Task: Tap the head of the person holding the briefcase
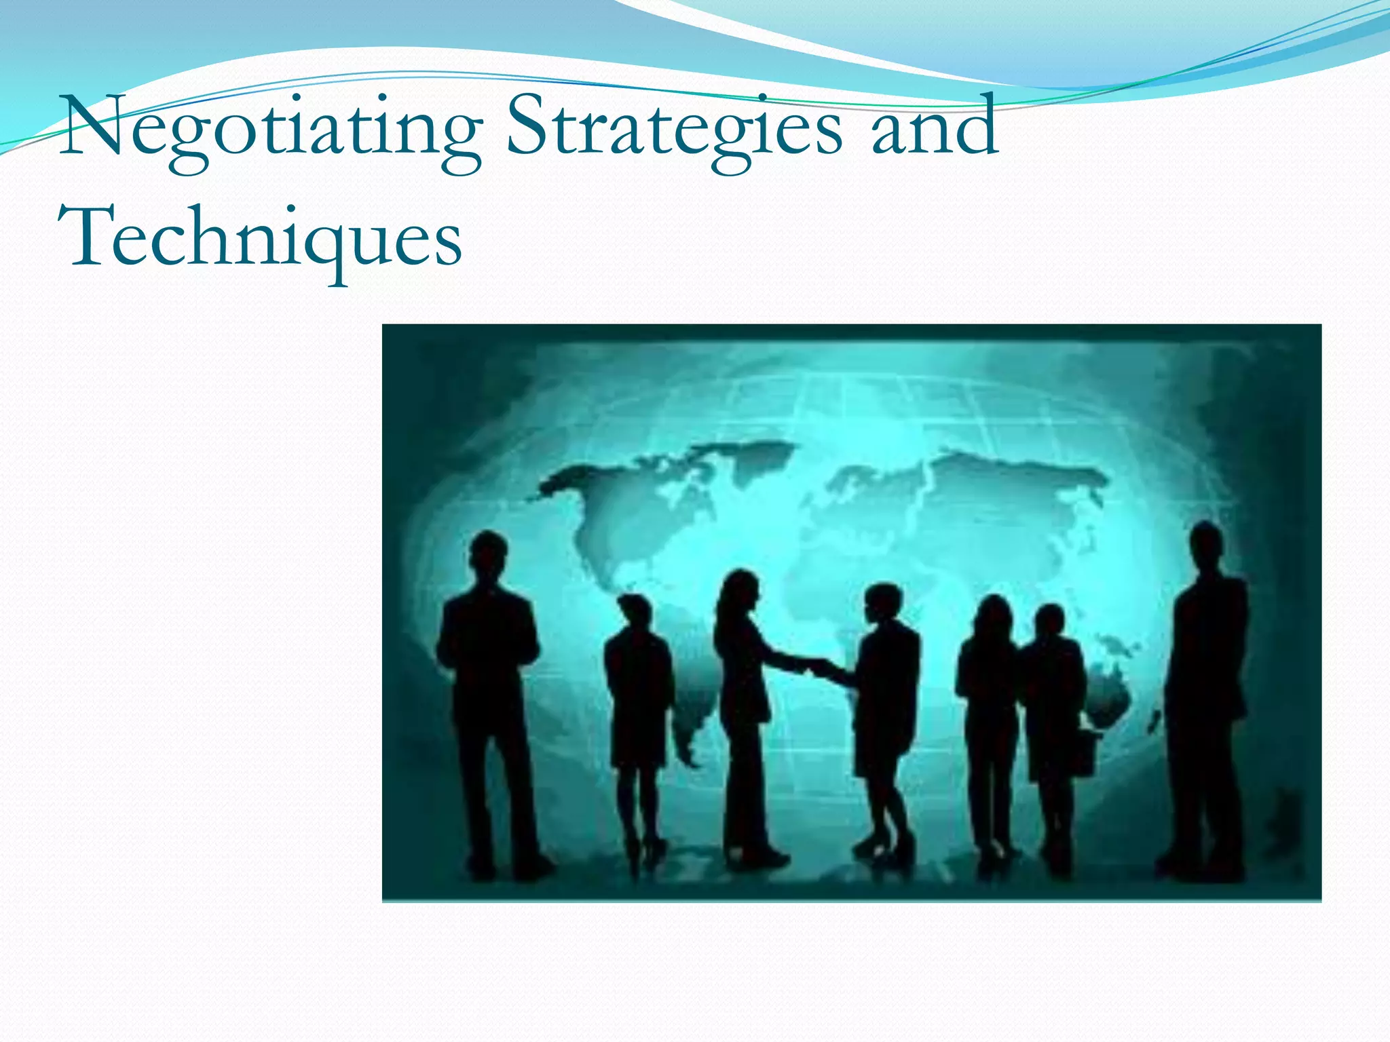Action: click(1050, 621)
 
